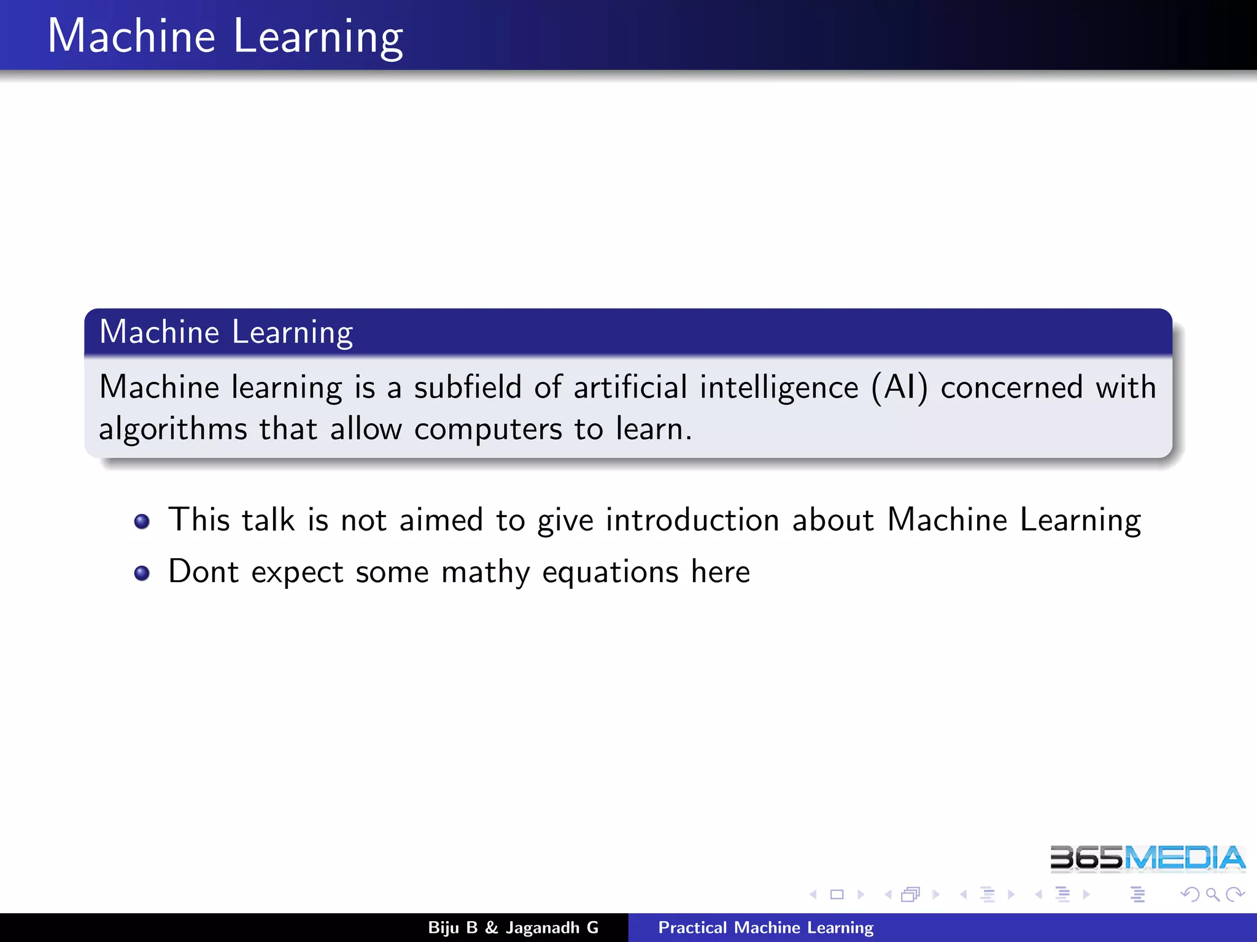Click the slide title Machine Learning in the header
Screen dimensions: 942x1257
tap(225, 37)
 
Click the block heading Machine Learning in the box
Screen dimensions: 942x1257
tap(226, 332)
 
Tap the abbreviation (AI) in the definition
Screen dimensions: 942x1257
tap(899, 388)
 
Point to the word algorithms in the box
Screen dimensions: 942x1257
tap(172, 429)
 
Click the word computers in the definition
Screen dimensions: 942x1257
tap(488, 429)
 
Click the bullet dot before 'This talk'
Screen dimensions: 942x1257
tap(142, 521)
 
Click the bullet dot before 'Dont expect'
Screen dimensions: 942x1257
tap(142, 573)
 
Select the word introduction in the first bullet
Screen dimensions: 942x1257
tap(692, 520)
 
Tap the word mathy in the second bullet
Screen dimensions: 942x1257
tap(485, 573)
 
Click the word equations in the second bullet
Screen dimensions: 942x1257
tap(610, 573)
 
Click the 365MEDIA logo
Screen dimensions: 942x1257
tap(1147, 858)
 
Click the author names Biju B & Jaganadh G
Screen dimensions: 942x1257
tap(513, 927)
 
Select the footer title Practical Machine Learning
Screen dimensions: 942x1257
tap(765, 927)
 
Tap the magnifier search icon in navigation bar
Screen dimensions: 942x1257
tap(1212, 895)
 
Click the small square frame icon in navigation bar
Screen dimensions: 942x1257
tap(837, 895)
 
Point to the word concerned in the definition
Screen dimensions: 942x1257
tap(1011, 388)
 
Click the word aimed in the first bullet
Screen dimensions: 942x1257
tap(441, 520)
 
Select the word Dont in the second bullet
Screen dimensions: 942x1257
tap(203, 572)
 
